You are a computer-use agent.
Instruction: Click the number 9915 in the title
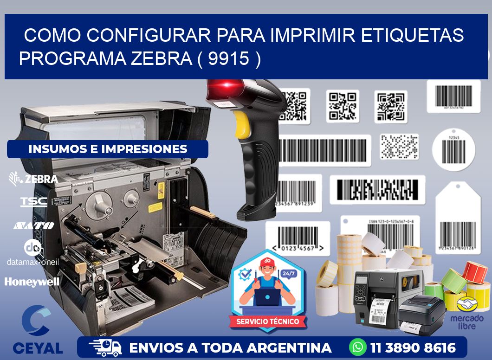[228, 58]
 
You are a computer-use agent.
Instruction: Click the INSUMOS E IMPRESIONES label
[108, 149]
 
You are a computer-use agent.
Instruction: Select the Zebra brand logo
[33, 179]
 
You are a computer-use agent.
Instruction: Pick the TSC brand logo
[33, 201]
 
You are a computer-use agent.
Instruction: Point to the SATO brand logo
[33, 225]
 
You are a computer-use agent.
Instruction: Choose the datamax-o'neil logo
[33, 253]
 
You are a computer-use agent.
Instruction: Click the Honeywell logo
[32, 282]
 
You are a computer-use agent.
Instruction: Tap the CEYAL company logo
[37, 330]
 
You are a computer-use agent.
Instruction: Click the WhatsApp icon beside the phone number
[358, 347]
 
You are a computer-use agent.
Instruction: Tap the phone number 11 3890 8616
[413, 347]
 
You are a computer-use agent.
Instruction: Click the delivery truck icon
[105, 347]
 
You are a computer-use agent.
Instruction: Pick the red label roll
[475, 272]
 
